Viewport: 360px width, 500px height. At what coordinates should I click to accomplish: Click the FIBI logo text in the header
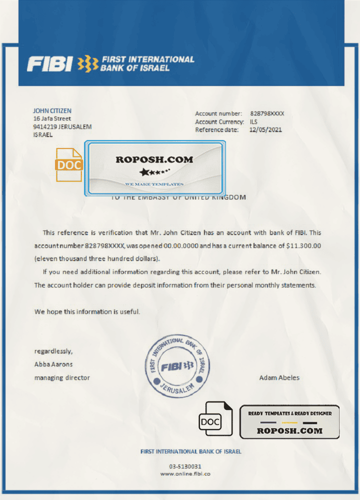(x=50, y=64)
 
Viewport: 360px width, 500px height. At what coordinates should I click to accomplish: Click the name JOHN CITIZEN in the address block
(x=52, y=110)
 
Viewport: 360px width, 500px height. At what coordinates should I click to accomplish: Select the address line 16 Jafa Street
(x=52, y=118)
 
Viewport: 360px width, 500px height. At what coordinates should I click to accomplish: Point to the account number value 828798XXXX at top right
(x=266, y=114)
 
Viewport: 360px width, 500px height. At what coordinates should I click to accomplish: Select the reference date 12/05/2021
(x=265, y=129)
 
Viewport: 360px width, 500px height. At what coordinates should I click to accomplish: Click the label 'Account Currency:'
(x=219, y=122)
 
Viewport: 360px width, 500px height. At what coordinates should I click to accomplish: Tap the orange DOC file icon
(x=69, y=165)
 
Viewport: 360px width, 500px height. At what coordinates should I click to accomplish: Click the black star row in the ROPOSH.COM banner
(x=154, y=173)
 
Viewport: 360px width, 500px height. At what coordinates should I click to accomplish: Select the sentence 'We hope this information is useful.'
(x=87, y=311)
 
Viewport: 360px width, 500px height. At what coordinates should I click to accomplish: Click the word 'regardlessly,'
(x=53, y=351)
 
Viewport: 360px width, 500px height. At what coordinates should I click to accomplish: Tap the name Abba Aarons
(x=53, y=364)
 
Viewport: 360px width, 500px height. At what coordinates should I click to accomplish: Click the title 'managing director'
(x=62, y=378)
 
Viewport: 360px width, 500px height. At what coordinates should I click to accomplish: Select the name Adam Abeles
(x=279, y=378)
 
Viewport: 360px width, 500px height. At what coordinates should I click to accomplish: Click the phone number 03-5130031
(x=185, y=466)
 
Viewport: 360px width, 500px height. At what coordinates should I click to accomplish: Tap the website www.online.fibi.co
(x=185, y=473)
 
